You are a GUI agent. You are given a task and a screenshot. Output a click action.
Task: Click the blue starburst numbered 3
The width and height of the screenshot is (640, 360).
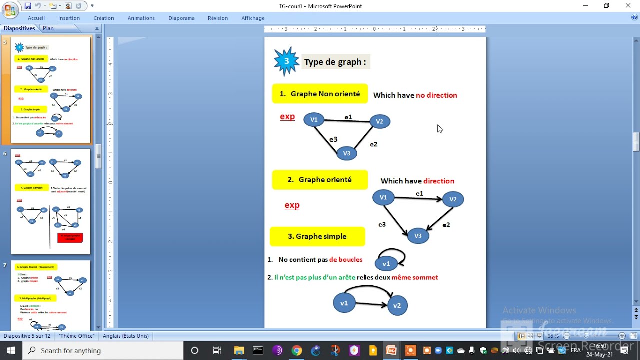(x=286, y=61)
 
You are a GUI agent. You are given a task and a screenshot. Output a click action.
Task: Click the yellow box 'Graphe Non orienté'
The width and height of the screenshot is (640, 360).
(x=320, y=94)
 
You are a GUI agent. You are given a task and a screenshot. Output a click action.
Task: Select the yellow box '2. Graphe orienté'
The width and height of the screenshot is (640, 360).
(x=320, y=180)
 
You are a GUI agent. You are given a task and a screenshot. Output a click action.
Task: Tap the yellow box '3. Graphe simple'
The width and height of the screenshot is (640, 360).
(x=317, y=236)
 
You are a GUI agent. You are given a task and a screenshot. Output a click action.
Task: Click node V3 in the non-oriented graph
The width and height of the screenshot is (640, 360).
(x=346, y=153)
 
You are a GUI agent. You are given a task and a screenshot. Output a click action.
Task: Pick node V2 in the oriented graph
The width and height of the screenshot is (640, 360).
(x=453, y=199)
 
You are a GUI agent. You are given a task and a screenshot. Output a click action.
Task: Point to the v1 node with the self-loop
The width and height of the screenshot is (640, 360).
(x=386, y=264)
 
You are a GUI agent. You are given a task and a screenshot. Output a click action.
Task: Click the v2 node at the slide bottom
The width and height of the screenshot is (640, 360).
(x=397, y=305)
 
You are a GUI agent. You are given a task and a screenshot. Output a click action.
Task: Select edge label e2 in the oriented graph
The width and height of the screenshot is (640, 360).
(x=446, y=225)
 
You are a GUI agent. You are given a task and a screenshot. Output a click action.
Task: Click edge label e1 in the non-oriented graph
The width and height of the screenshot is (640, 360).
(x=348, y=117)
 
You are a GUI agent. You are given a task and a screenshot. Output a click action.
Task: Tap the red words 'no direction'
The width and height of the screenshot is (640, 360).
(x=436, y=95)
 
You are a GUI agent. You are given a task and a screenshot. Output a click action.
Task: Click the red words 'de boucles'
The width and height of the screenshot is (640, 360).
(x=346, y=260)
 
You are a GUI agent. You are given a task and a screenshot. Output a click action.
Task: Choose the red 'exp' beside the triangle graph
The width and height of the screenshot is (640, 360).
(x=287, y=117)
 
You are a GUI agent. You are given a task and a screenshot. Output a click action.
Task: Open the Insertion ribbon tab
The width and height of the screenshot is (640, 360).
(x=69, y=18)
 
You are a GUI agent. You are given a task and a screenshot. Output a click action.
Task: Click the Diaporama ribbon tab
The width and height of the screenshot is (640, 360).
(x=181, y=18)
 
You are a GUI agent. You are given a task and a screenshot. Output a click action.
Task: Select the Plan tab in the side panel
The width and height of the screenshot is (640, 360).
(x=48, y=28)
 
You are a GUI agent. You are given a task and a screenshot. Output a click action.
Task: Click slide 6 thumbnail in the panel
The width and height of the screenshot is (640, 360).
(x=50, y=201)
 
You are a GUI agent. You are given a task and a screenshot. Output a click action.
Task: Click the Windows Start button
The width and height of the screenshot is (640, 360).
(x=11, y=350)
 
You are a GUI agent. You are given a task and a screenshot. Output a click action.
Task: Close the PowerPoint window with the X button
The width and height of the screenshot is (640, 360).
(x=628, y=6)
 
